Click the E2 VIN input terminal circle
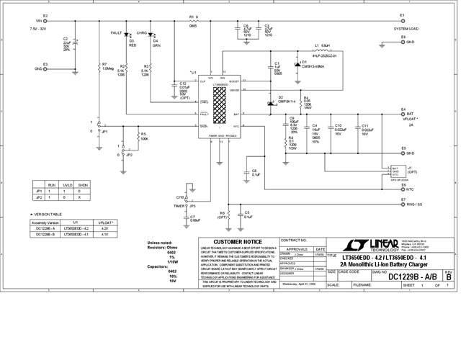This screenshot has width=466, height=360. coord(45,22)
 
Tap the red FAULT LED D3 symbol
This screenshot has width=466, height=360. coord(127,35)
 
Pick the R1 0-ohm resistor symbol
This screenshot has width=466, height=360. coord(193,22)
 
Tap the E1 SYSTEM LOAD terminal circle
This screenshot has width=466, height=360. coord(403,22)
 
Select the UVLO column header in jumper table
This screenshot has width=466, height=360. coord(68,185)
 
